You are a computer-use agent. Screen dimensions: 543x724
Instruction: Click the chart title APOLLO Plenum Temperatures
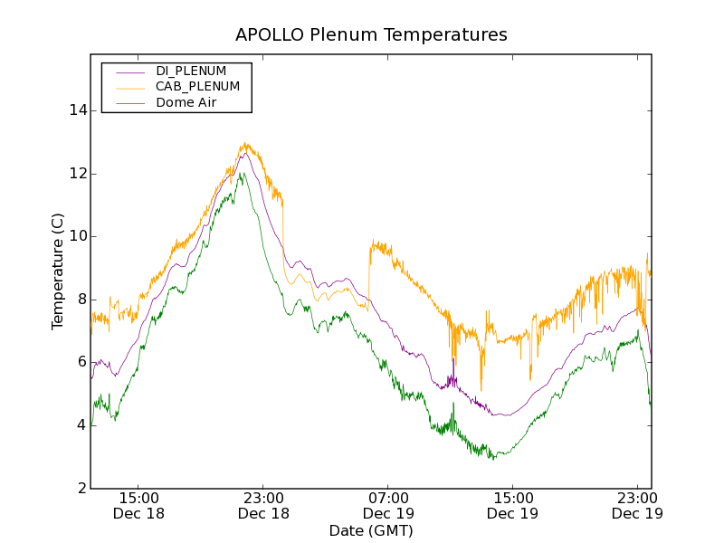tap(371, 35)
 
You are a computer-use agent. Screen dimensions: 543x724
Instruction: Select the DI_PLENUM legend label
tap(191, 71)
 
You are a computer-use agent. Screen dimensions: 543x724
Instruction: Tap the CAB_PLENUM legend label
tap(197, 87)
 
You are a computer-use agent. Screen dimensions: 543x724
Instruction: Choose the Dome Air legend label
tap(186, 103)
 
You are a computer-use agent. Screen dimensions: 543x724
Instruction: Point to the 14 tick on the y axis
tap(79, 110)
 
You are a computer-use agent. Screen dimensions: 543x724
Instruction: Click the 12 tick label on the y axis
tap(79, 174)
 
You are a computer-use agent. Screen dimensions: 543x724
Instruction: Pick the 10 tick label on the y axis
tap(79, 236)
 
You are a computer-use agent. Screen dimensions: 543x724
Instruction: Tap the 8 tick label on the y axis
tap(82, 300)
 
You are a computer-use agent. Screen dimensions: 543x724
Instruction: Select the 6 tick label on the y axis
tap(82, 362)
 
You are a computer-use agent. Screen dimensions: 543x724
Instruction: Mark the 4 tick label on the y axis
tap(82, 425)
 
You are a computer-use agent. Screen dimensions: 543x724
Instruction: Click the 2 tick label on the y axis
tap(82, 488)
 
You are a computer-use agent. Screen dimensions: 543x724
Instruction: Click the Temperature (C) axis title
tap(58, 271)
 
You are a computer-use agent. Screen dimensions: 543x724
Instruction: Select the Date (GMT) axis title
tap(371, 530)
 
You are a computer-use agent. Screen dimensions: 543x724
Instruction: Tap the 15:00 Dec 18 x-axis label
tap(138, 505)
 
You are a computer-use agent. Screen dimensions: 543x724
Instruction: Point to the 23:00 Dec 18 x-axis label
tap(263, 505)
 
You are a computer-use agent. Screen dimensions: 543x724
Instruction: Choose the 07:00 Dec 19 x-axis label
tap(388, 505)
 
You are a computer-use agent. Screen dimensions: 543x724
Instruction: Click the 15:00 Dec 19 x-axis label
tap(513, 505)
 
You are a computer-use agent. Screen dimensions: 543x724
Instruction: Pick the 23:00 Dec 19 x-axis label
tap(637, 505)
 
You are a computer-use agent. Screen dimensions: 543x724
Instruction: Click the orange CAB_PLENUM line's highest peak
tap(244, 143)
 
